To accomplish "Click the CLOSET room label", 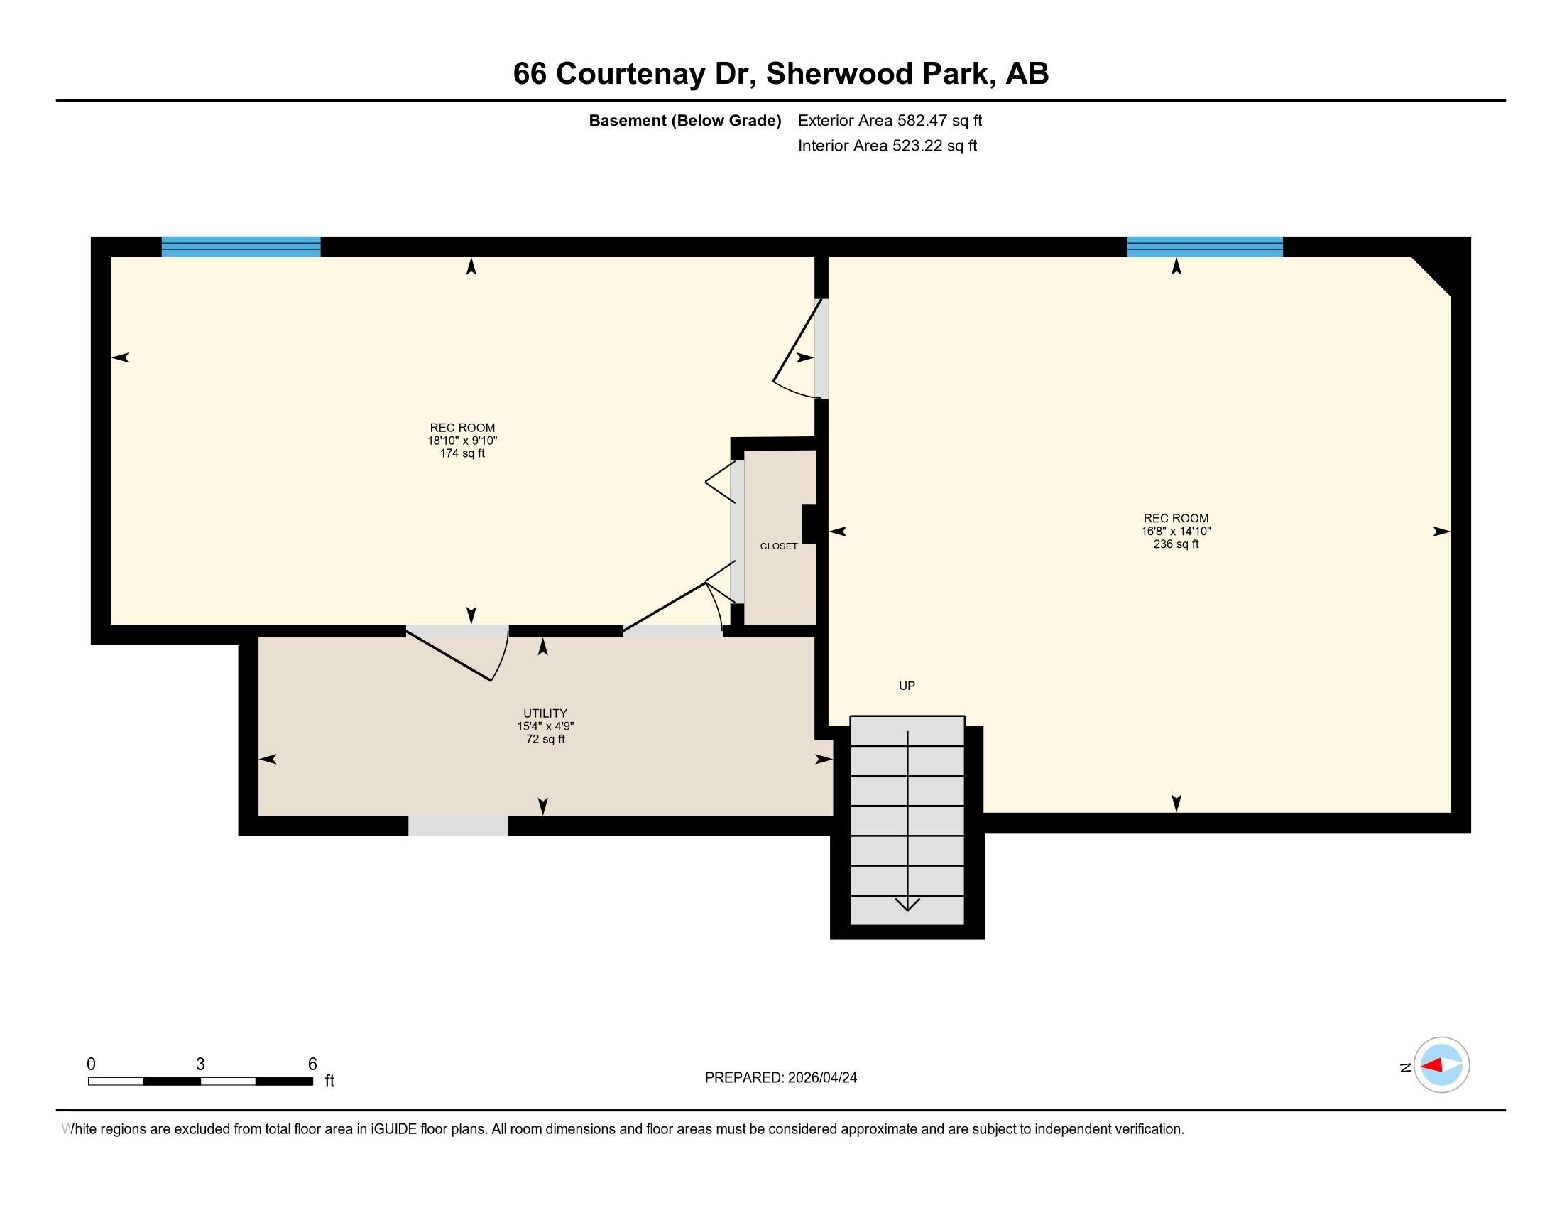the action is click(x=778, y=546).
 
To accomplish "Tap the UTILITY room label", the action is click(x=545, y=713).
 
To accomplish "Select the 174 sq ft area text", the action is click(x=462, y=454).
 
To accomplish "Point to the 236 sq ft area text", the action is click(x=1176, y=544).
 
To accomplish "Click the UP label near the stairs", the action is click(x=907, y=686).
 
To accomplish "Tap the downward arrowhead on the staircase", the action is click(x=907, y=905).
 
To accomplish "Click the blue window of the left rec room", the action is click(x=241, y=246).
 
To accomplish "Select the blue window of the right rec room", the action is click(x=1205, y=246).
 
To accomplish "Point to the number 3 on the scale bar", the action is click(x=200, y=1064).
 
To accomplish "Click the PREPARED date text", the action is click(x=781, y=1078).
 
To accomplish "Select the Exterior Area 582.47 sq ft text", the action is click(x=890, y=120).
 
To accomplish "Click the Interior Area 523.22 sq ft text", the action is click(x=887, y=146).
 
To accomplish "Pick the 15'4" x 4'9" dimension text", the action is click(x=546, y=726).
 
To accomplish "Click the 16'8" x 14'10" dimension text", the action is click(x=1176, y=531).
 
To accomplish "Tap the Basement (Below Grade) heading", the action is click(x=684, y=121).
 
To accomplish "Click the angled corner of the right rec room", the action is click(x=1431, y=276).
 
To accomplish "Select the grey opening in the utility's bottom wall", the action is click(x=459, y=826).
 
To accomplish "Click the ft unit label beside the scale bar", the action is click(x=329, y=1081).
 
